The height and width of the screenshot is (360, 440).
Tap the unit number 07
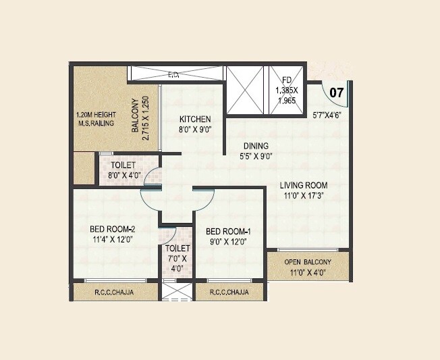click(336, 91)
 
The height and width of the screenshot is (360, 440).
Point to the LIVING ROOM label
click(304, 185)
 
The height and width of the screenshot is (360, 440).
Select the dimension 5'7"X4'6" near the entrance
click(328, 114)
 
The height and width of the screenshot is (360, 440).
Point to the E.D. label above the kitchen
click(173, 74)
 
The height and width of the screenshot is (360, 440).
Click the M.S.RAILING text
click(95, 124)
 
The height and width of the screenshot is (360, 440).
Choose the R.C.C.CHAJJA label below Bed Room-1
click(227, 292)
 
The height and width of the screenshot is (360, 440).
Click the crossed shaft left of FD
click(247, 90)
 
